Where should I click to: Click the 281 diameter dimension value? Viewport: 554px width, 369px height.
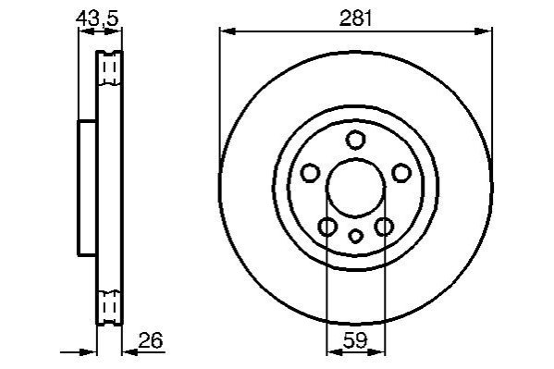coord(356,18)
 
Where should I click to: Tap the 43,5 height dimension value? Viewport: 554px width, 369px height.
coord(97,18)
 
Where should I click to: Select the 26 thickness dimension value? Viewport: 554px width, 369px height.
coord(151,340)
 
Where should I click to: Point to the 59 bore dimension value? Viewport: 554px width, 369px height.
coord(355,340)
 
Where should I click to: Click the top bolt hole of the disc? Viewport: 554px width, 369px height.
coord(355,140)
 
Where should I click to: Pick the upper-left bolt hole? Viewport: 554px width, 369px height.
coord(311,173)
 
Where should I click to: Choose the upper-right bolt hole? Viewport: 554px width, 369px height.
coord(401,173)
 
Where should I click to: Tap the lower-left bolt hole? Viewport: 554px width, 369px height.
coord(327,227)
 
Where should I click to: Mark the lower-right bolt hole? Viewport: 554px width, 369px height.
coord(384,227)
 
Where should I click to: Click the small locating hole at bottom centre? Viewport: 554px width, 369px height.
coord(356,236)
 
